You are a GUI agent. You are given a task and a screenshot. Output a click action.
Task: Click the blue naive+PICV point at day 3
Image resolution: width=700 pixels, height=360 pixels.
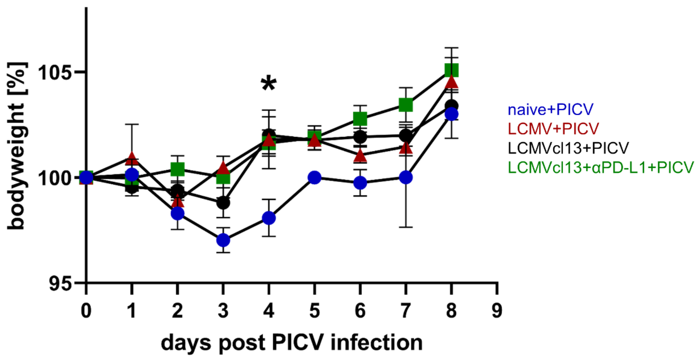(x=223, y=240)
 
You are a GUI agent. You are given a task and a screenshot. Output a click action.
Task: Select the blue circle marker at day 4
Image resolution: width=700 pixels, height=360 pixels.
(x=269, y=218)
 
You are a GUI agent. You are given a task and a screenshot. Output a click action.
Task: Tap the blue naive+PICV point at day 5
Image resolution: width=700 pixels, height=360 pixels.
(x=314, y=178)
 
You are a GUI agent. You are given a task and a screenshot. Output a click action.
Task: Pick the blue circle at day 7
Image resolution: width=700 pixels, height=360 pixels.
(x=406, y=178)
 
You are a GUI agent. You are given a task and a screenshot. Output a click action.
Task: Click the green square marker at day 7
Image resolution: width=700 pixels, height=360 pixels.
(x=406, y=105)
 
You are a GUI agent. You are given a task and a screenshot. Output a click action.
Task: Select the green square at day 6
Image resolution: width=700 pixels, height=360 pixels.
(x=360, y=119)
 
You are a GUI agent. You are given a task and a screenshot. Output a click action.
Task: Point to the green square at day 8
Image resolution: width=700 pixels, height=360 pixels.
(x=451, y=70)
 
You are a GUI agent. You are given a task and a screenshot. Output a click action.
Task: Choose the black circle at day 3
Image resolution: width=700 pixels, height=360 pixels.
(x=223, y=203)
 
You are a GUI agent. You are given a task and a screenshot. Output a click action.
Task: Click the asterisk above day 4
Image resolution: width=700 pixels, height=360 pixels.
(x=269, y=84)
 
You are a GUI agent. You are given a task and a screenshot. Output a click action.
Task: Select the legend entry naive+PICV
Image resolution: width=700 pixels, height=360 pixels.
(x=550, y=110)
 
